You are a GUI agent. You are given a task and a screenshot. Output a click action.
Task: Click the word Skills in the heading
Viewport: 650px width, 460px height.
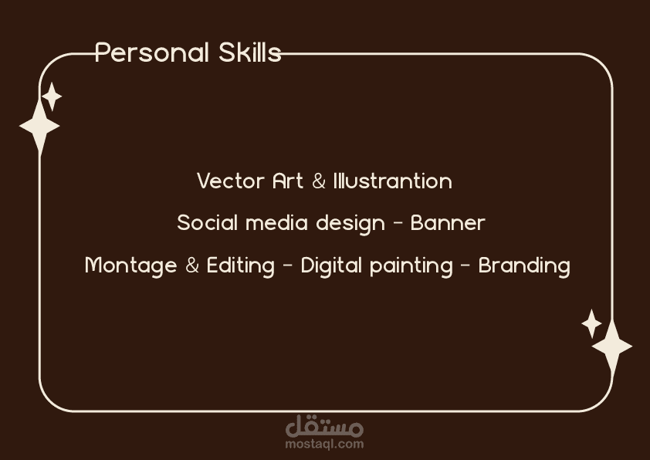[x=250, y=52]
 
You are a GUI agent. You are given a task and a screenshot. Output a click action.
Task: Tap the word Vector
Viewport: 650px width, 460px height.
[x=231, y=181]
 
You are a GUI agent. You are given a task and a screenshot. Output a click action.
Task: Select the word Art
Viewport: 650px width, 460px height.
[x=288, y=181]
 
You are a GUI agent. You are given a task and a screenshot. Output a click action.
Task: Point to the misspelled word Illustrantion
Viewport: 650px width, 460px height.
[x=393, y=181]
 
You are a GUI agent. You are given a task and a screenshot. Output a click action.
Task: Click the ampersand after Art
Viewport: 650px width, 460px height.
[x=318, y=181]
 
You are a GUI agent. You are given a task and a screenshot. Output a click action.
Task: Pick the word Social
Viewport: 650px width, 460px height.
[x=207, y=223]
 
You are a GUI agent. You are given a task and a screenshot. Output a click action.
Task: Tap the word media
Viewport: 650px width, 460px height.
[x=276, y=223]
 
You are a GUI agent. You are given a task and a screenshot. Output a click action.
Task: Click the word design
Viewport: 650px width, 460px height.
[x=350, y=224]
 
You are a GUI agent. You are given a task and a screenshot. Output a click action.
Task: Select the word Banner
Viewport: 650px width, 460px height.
[x=448, y=223]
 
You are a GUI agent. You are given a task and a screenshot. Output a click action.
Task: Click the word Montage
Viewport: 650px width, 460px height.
[x=131, y=266]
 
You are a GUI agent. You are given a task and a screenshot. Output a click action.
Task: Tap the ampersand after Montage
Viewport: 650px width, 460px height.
[x=192, y=266]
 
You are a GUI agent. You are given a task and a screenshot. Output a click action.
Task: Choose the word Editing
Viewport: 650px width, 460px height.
[x=240, y=266]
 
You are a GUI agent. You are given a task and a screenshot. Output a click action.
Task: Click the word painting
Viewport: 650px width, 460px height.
[x=411, y=266]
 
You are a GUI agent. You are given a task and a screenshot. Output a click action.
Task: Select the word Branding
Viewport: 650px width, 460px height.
[x=524, y=266]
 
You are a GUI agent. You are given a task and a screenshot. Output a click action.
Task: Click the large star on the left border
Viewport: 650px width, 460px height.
[x=39, y=126]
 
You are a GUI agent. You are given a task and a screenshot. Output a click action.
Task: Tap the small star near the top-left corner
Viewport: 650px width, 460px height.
[x=52, y=96]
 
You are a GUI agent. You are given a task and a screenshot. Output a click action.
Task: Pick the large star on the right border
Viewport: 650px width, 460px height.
[x=612, y=346]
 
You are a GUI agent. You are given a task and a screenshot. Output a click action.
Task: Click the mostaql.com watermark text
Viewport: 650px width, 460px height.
[x=324, y=445]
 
